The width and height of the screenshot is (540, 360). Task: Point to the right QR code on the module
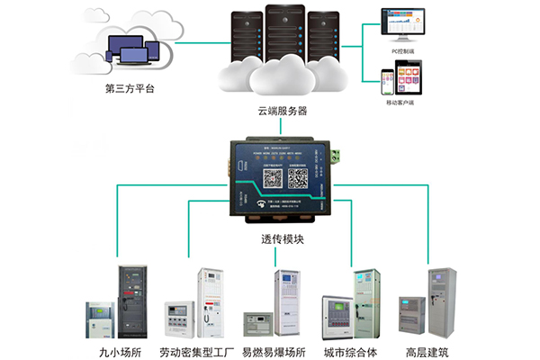click(x=297, y=177)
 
